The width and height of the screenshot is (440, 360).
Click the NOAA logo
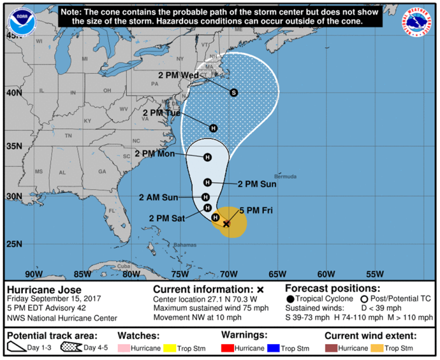click(20, 22)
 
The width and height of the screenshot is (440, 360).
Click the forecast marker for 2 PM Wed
click(233, 93)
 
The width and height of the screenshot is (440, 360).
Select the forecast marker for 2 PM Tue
click(214, 128)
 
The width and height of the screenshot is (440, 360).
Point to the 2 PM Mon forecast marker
click(207, 157)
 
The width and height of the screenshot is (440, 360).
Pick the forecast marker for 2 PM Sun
click(207, 182)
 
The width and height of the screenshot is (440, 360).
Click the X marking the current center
click(226, 223)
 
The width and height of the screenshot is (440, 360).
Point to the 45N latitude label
click(13, 35)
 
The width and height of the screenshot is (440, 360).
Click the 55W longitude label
click(375, 274)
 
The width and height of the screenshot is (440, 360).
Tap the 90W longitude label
click(34, 274)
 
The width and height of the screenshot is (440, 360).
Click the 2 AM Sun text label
click(159, 198)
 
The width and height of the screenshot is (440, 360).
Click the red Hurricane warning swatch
click(228, 348)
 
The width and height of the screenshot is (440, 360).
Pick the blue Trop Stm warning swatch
click(273, 348)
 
